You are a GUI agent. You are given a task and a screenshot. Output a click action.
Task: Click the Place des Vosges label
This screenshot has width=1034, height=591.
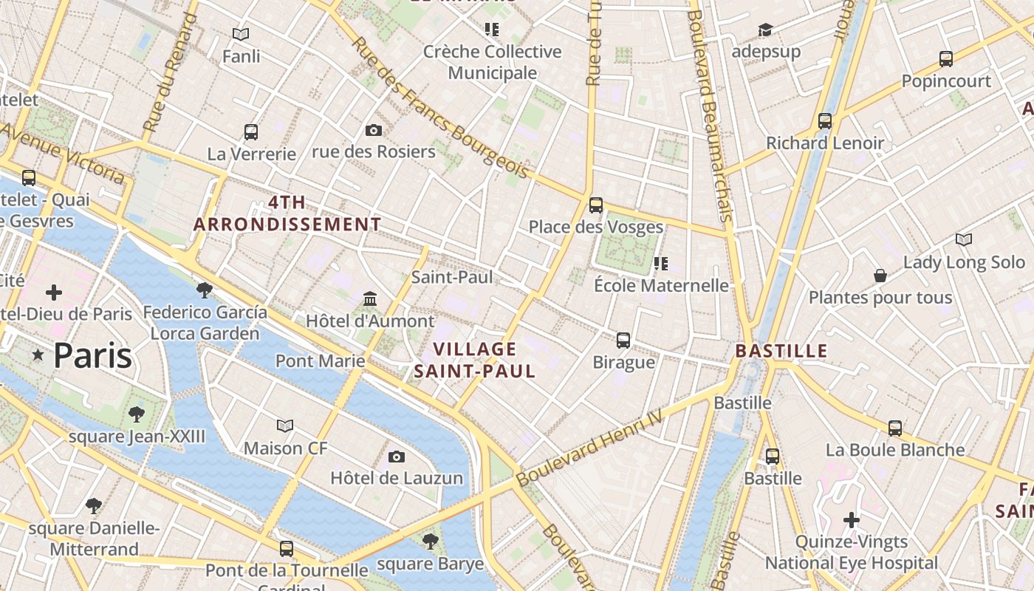595,227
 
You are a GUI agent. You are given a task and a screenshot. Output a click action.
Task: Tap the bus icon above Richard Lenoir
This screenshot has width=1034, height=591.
825,120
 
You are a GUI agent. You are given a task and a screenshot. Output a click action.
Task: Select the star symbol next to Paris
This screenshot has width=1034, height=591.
38,356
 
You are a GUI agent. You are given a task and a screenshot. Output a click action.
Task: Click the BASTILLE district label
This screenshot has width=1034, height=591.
781,351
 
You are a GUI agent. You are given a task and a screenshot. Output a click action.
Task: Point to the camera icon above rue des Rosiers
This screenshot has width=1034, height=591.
374,130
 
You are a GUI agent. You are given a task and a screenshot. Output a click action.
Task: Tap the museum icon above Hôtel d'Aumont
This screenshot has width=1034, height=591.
370,299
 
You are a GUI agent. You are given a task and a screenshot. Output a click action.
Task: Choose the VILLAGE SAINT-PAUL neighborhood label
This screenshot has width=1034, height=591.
475,360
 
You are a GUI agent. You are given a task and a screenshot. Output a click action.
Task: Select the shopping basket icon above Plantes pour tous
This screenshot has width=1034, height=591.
880,276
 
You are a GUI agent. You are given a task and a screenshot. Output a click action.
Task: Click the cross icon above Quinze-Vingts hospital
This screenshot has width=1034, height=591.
852,520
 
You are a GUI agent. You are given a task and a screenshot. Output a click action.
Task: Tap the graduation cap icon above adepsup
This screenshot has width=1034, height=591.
765,30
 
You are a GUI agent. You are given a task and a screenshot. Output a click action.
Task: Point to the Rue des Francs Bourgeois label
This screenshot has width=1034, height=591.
440,108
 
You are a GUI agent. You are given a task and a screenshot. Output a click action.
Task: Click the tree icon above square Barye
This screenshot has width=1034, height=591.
431,542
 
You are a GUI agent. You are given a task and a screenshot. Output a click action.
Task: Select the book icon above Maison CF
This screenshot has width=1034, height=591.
285,426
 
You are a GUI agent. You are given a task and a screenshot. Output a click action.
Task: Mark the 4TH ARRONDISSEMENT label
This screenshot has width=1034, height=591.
287,213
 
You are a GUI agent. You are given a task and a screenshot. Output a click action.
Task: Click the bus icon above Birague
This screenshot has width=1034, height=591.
623,340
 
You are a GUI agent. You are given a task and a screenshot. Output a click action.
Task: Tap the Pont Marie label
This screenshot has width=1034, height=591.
320,361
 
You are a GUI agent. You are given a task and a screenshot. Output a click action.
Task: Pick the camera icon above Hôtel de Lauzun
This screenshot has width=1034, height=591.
397,457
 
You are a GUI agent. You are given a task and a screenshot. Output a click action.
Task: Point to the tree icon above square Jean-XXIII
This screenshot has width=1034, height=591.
137,414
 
